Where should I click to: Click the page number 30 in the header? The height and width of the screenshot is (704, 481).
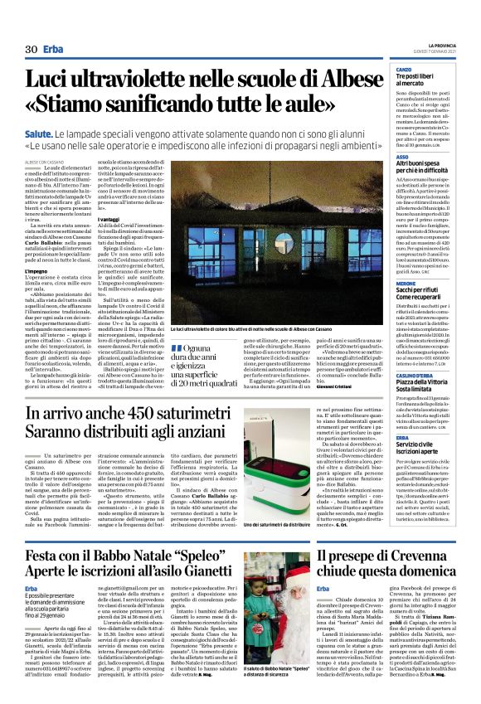[x=32, y=50]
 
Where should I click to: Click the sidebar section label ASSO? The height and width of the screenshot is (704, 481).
[x=402, y=156]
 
